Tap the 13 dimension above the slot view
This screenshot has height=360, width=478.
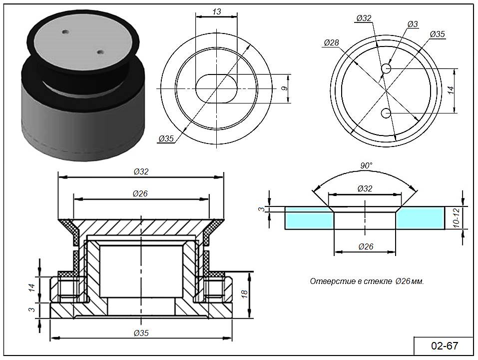pos(216,11)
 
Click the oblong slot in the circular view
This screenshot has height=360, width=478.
pos(216,89)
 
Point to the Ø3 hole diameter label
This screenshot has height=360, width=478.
pos(413,24)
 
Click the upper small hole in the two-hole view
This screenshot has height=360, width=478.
pos(386,68)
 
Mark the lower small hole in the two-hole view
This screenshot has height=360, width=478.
pos(386,113)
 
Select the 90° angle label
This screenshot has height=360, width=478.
pos(367,166)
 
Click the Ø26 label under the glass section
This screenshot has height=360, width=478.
pos(366,246)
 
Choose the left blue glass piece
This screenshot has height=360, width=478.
pos(309,218)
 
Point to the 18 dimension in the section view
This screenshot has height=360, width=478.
pos(244,293)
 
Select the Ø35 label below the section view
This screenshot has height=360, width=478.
pos(142,332)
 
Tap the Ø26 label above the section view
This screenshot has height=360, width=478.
pos(141,193)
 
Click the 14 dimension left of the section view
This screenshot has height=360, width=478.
pos(31,287)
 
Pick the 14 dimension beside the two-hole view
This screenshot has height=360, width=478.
pos(450,90)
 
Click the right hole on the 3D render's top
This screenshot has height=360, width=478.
pos(100,51)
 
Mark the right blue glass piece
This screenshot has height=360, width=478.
pos(421,218)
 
